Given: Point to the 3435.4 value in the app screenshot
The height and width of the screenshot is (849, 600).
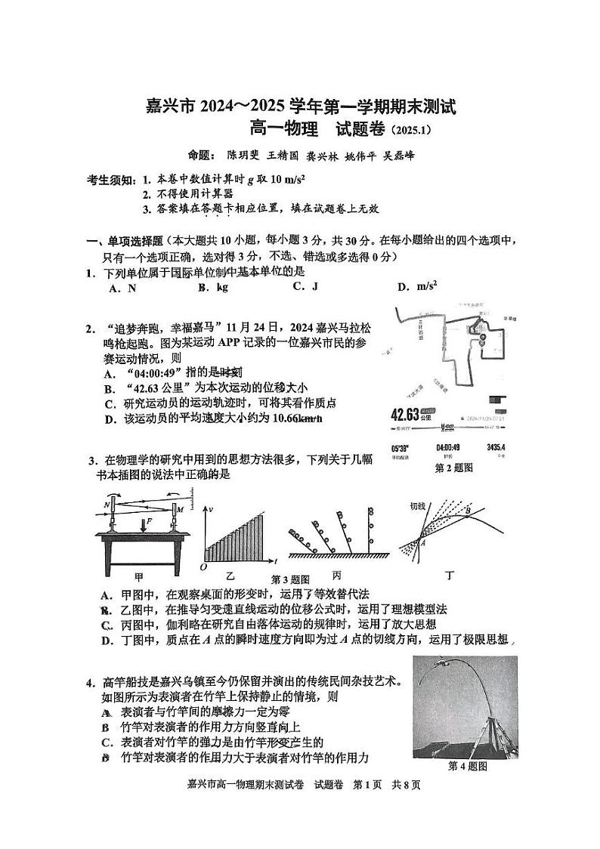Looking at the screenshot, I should coord(496,448).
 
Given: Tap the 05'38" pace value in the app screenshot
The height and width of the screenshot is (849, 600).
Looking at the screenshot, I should coord(401,448).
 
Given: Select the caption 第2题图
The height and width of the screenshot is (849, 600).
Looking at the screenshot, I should coord(453,468).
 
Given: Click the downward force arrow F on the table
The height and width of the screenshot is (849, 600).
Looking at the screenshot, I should coord(144,523).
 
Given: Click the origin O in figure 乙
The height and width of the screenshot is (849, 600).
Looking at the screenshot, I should coord(203,567).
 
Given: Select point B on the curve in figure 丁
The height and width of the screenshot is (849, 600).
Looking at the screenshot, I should coord(468,511).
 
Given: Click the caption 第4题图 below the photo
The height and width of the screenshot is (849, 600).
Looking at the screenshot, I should coord(468,766).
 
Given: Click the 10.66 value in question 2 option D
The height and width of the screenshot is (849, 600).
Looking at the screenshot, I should coord(283,419).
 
